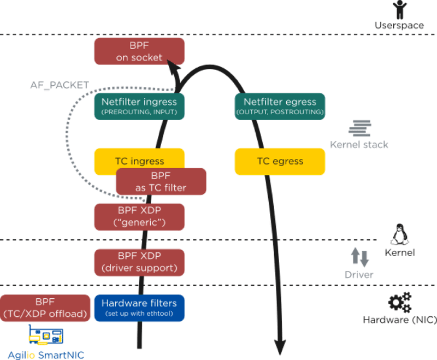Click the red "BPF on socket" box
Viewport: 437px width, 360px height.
click(139, 52)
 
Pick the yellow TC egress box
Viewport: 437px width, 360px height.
click(280, 161)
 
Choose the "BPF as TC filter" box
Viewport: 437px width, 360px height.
click(161, 182)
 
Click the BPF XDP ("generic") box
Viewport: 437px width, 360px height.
click(139, 217)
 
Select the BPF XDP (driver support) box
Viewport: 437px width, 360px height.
click(139, 262)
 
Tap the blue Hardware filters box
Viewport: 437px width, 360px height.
click(139, 308)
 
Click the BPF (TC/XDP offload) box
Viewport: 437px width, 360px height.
click(45, 308)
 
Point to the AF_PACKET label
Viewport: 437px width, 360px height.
click(60, 86)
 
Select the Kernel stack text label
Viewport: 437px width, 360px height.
click(359, 145)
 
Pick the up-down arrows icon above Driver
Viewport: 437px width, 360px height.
click(359, 257)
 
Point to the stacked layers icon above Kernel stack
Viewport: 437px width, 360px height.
click(359, 129)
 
